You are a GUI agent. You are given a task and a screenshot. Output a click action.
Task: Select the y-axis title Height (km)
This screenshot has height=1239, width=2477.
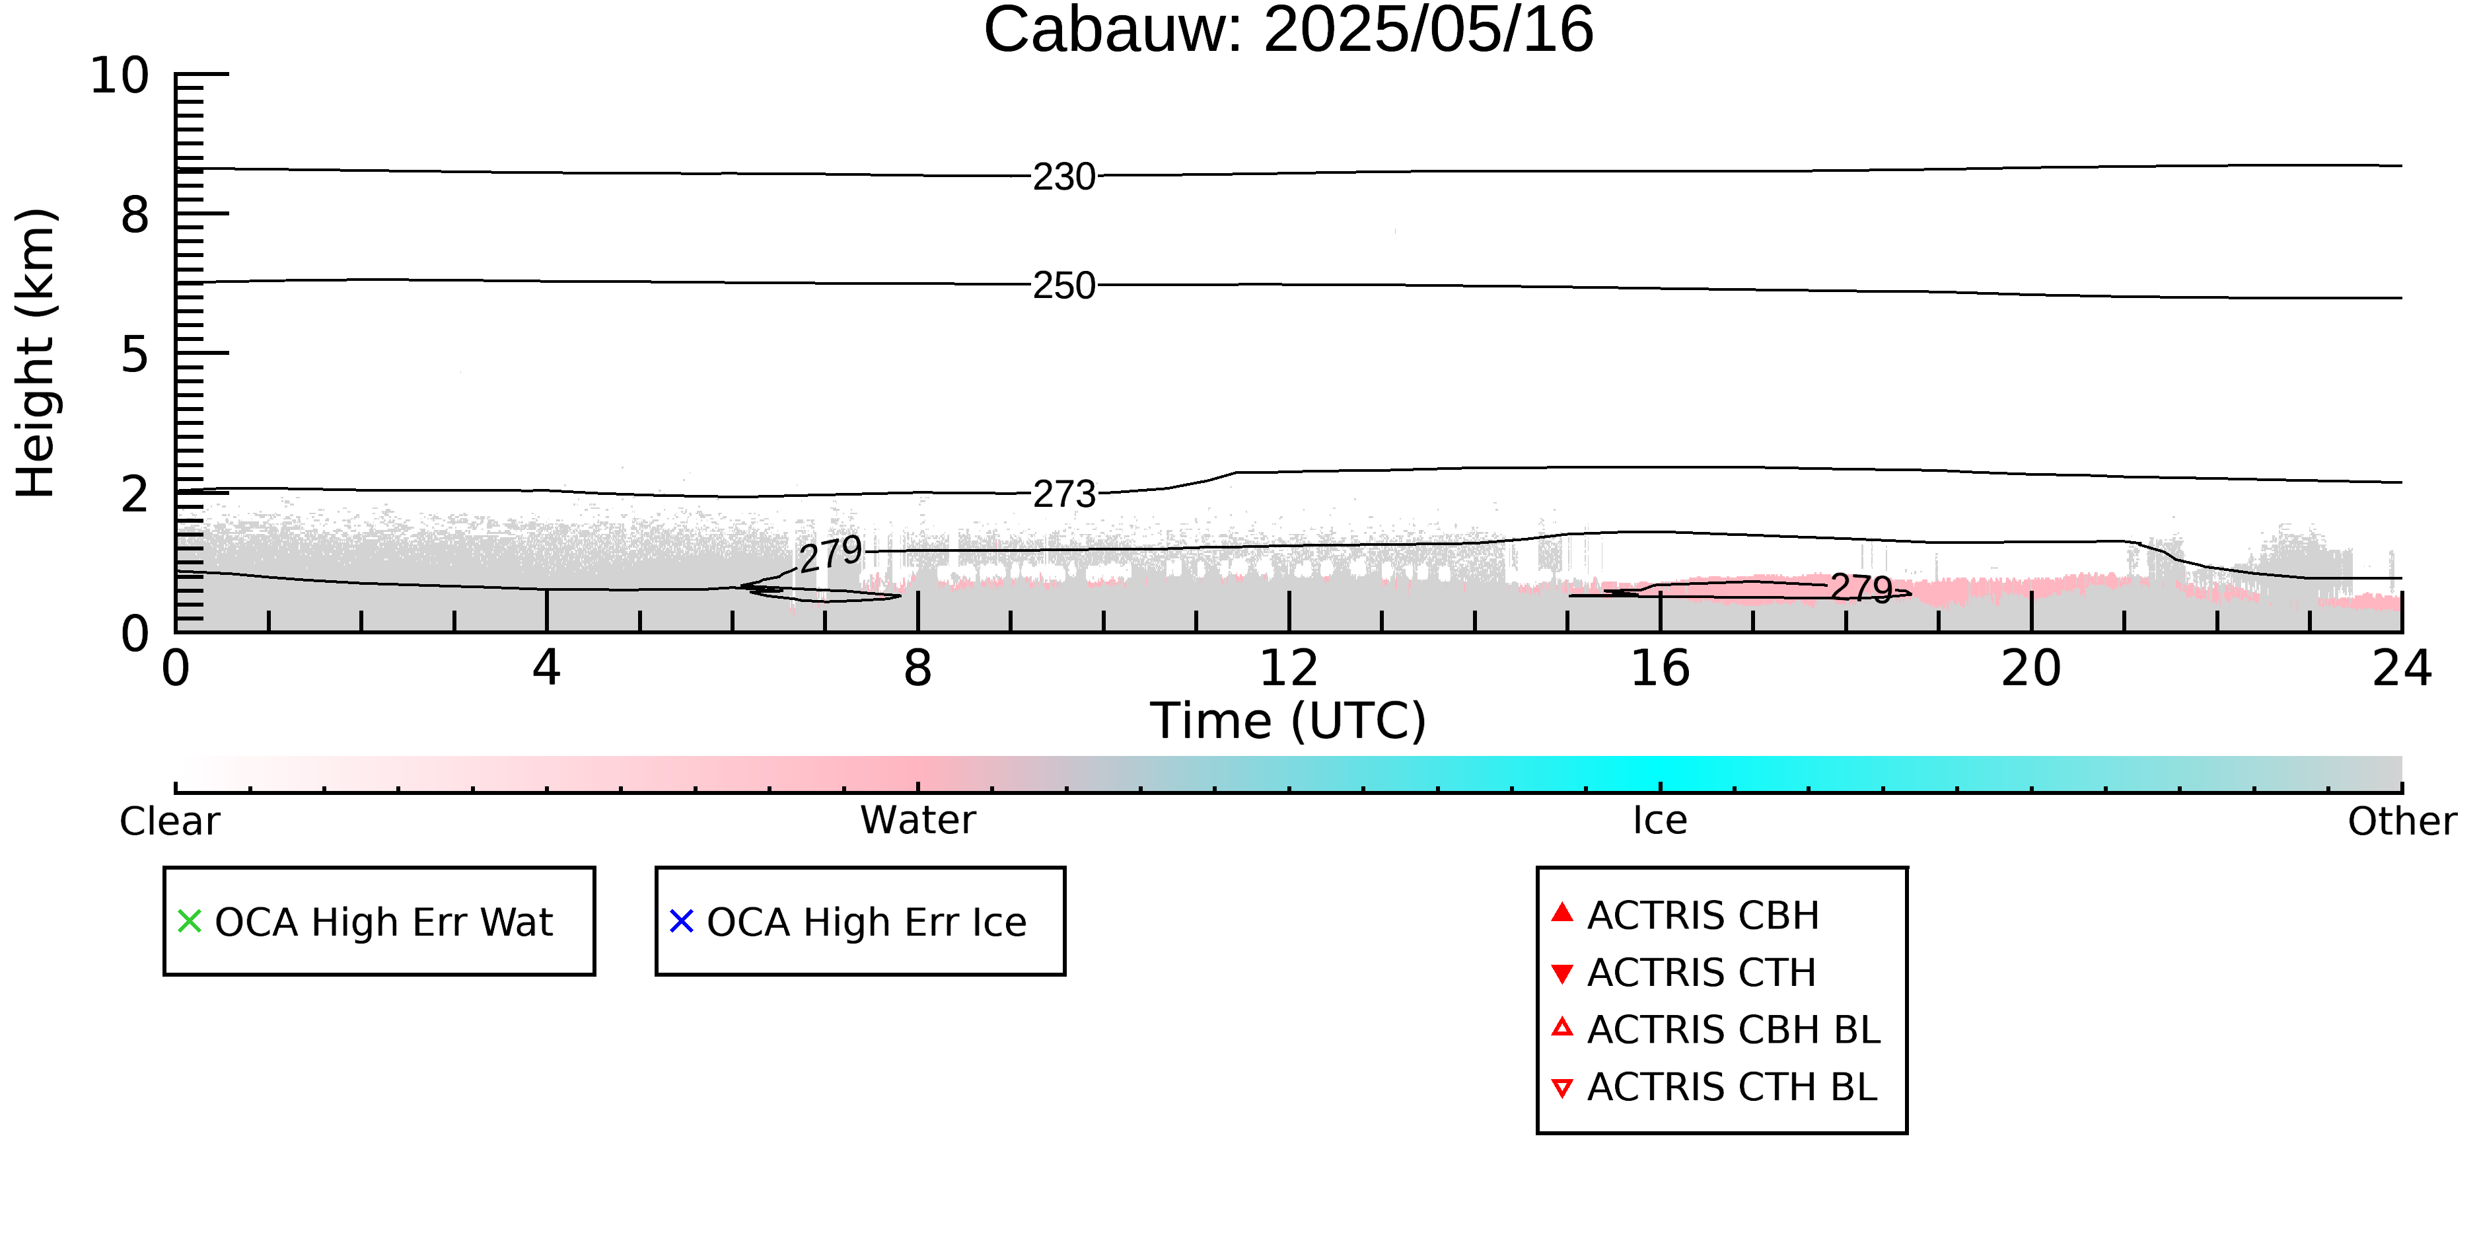click(x=36, y=353)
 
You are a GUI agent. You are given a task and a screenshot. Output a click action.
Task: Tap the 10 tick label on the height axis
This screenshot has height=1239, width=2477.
click(x=120, y=75)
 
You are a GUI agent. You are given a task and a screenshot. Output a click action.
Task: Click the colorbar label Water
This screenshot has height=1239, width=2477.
click(x=918, y=821)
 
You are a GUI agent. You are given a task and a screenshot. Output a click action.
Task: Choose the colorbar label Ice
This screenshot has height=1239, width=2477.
click(x=1660, y=821)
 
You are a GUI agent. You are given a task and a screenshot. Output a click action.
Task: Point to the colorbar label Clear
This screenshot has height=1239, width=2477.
click(x=169, y=821)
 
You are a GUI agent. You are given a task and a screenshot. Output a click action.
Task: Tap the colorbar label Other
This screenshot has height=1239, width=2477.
click(x=2402, y=821)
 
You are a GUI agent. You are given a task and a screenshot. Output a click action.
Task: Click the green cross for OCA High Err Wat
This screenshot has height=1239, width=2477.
click(x=190, y=922)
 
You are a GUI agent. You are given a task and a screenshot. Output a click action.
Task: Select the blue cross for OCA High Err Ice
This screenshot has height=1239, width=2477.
click(x=682, y=922)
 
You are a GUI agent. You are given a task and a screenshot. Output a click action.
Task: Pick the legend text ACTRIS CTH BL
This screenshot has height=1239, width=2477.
click(x=1732, y=1087)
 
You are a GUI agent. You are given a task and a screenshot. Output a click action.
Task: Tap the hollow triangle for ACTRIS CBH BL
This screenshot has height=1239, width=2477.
click(x=1563, y=1028)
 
